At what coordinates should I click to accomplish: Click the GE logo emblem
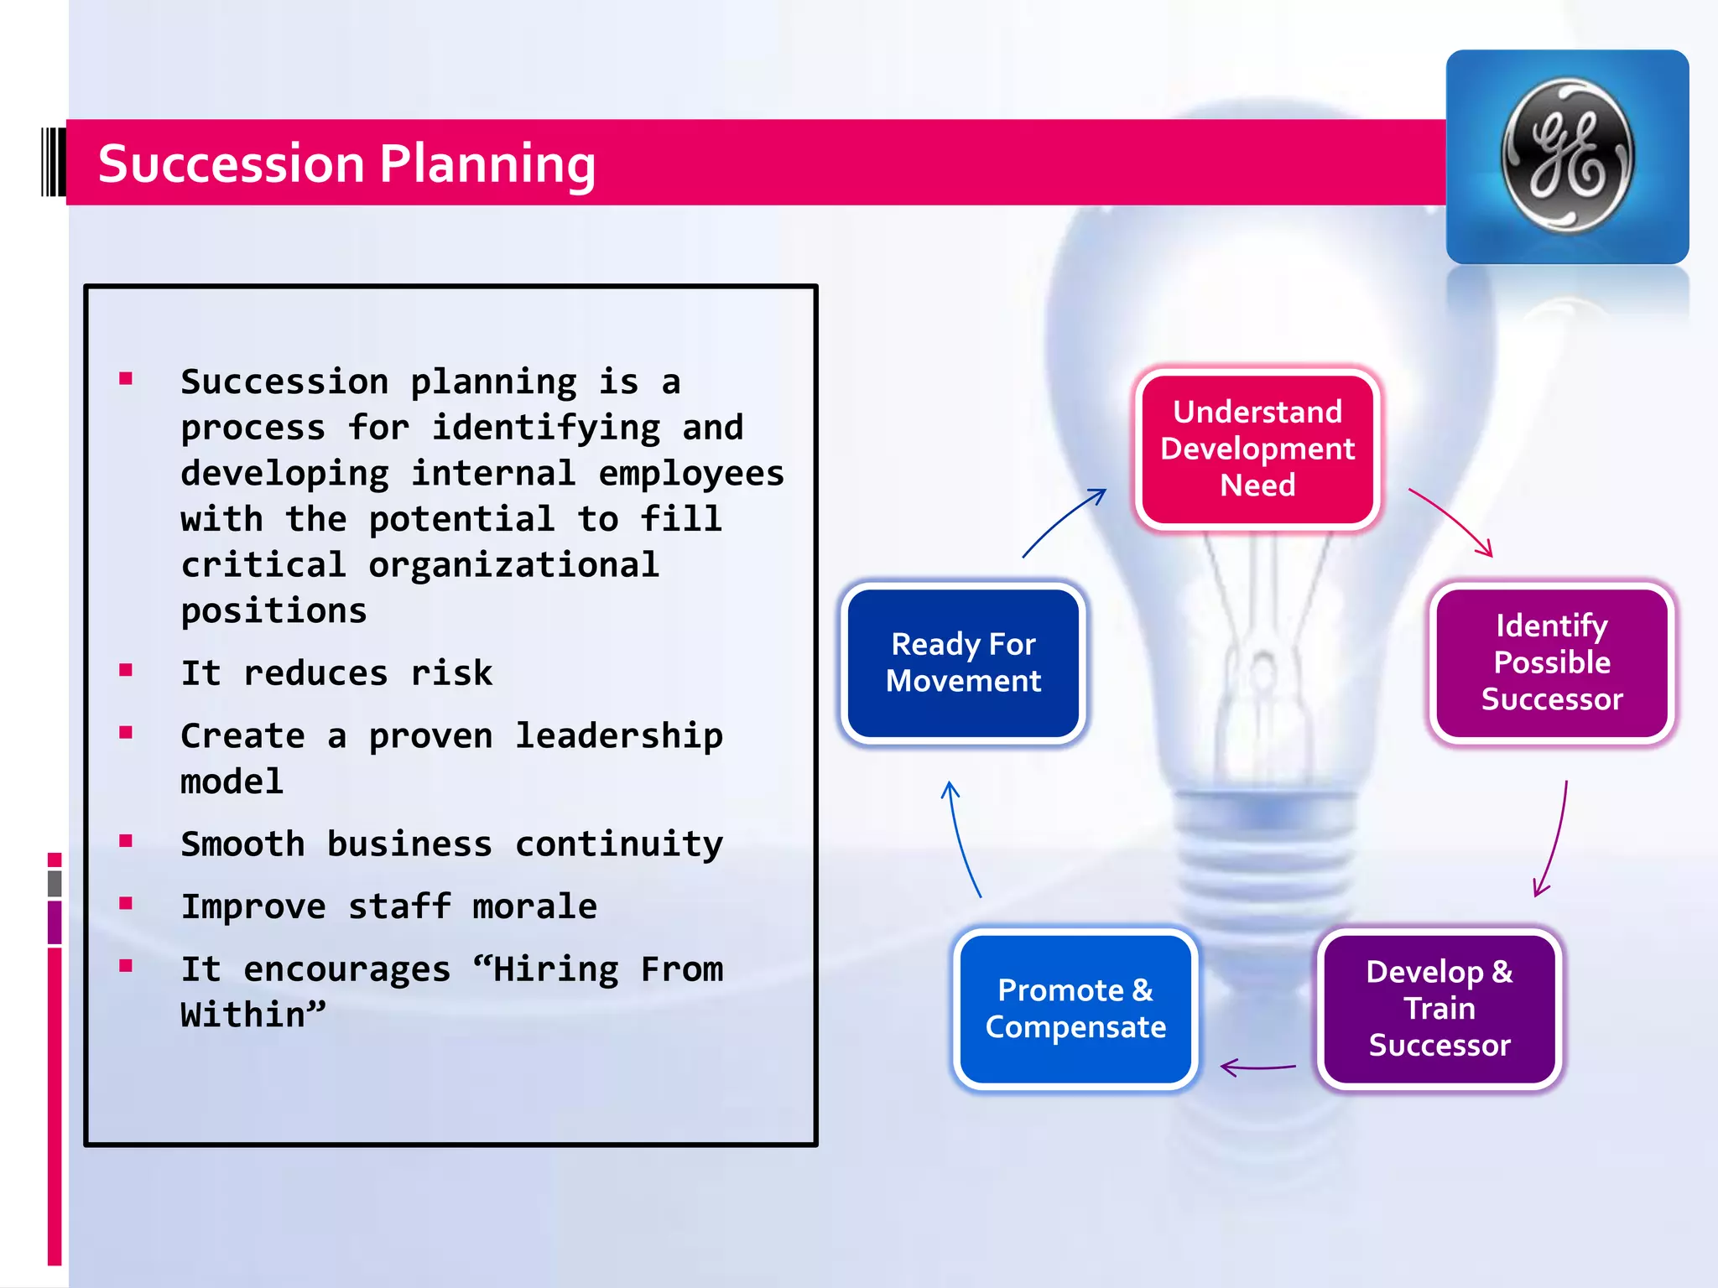[x=1567, y=156]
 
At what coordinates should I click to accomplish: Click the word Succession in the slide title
[x=231, y=164]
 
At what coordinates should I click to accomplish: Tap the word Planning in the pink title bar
[x=487, y=164]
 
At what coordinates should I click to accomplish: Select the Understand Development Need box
[x=1257, y=449]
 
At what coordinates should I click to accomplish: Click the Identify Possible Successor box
[x=1551, y=662]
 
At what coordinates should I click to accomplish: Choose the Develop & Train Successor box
[x=1439, y=1008]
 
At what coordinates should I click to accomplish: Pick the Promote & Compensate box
[x=1075, y=1008]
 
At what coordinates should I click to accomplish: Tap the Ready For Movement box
[x=963, y=662]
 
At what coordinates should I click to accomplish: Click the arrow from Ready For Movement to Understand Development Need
[x=1062, y=522]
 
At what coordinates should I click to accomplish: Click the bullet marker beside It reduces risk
[x=126, y=670]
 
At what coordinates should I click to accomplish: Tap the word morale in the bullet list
[x=534, y=906]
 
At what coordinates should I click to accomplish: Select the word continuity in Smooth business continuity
[x=618, y=844]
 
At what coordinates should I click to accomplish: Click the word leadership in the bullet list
[x=618, y=736]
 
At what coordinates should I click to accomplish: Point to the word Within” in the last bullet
[x=252, y=1015]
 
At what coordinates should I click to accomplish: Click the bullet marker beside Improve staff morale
[x=126, y=903]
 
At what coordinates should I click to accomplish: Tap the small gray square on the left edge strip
[x=55, y=883]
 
